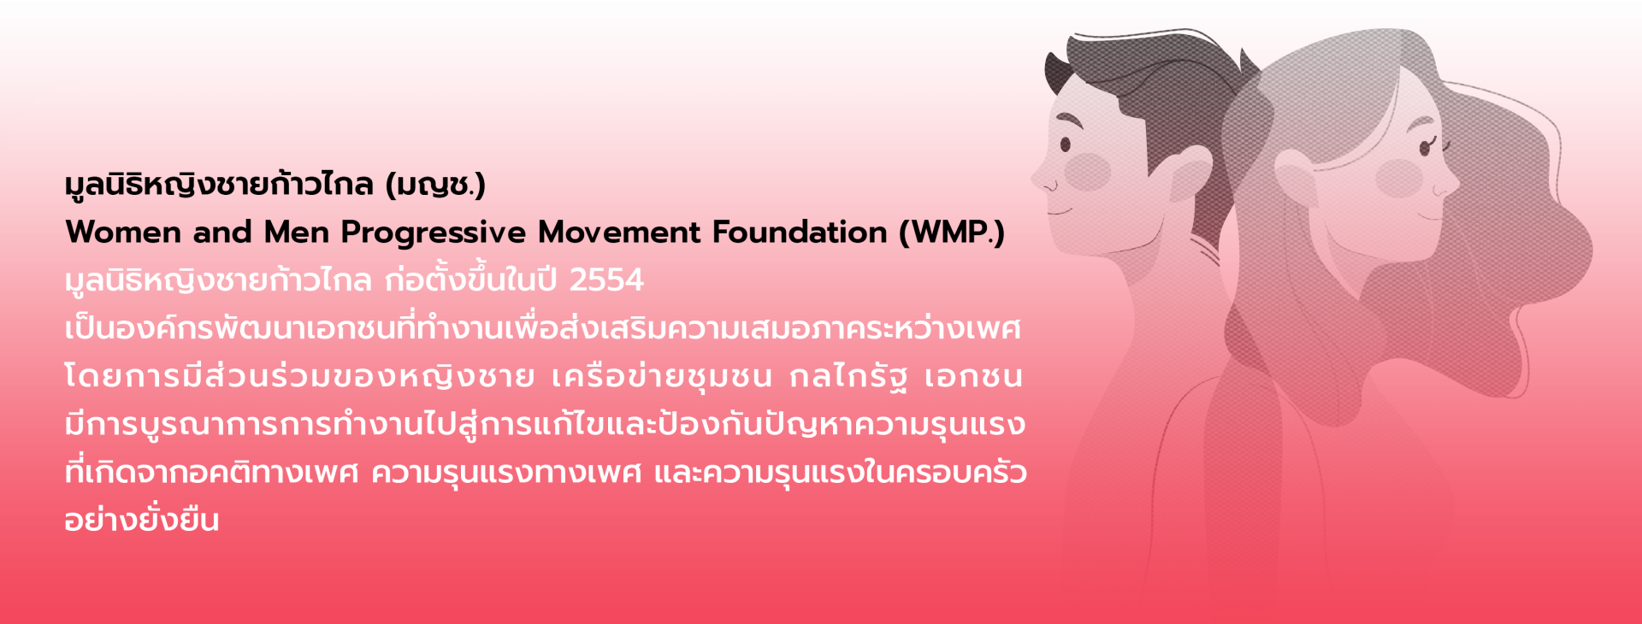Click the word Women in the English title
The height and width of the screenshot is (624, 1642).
(123, 233)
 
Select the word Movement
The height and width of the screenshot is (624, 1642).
(619, 233)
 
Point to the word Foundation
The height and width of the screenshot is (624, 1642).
(800, 233)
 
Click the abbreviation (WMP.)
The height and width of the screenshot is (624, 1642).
(952, 233)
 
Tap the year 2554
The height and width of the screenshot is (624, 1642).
(606, 280)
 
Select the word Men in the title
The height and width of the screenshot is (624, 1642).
(296, 233)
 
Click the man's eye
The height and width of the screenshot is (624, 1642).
(1066, 144)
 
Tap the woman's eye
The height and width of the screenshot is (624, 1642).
(1425, 147)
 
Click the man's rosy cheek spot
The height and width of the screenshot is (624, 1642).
(1087, 172)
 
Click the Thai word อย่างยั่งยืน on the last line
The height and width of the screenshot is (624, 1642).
(142, 518)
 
